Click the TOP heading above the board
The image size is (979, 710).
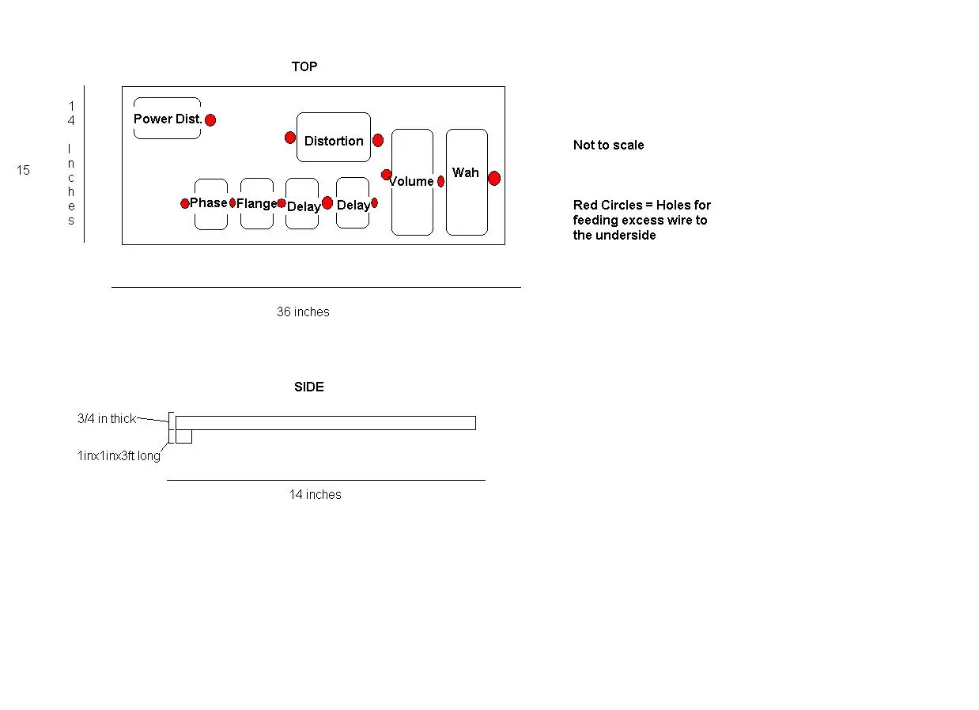point(304,67)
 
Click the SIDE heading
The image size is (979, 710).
point(309,387)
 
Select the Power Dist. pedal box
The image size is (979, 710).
point(167,119)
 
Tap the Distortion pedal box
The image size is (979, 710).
point(334,138)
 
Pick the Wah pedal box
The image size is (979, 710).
point(467,183)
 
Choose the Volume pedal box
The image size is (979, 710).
point(412,183)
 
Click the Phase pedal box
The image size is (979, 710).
point(210,204)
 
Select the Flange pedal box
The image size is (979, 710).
point(257,204)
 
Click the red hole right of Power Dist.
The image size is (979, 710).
point(210,120)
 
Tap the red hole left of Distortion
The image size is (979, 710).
point(290,138)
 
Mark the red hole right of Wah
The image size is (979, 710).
point(494,179)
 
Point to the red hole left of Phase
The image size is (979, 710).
point(185,203)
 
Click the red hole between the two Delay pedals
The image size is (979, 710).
point(327,203)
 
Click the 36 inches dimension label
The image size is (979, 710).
point(303,312)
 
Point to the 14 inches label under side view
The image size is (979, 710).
point(315,495)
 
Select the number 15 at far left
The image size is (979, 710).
point(24,170)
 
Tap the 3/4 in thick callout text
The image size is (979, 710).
point(107,419)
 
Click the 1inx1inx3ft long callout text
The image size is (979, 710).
point(119,456)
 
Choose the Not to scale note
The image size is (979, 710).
point(608,145)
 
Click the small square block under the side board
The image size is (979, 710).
point(183,436)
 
